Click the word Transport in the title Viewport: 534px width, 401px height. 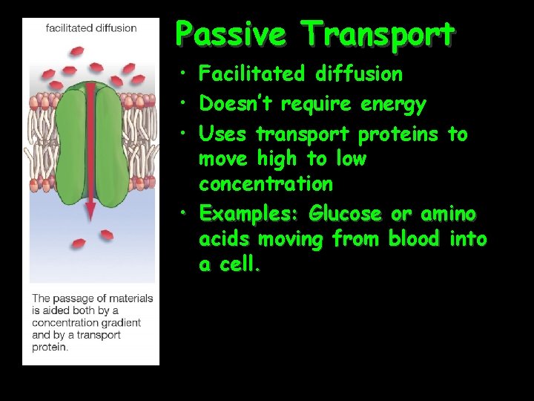(x=378, y=34)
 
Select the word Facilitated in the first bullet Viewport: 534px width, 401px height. (x=252, y=74)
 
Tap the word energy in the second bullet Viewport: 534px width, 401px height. (x=394, y=105)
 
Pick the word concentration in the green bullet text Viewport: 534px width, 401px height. (x=266, y=183)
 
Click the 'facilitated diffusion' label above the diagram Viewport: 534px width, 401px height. (x=91, y=28)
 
